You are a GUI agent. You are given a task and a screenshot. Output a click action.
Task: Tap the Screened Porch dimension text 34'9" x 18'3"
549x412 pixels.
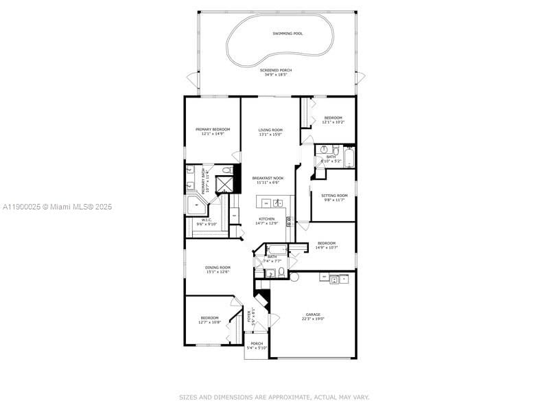click(274, 74)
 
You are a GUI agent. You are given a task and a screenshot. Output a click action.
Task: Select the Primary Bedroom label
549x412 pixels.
click(213, 129)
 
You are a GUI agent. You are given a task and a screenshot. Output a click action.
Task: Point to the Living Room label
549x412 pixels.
click(270, 130)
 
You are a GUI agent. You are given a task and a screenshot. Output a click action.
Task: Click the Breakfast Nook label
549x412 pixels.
click(270, 179)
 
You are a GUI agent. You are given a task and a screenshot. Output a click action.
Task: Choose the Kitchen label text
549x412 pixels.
click(270, 219)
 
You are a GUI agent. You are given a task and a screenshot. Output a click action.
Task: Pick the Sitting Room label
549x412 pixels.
click(334, 196)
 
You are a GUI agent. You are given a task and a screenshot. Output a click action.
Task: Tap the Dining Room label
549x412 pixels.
click(218, 267)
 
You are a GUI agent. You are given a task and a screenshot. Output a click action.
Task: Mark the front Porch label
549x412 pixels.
click(257, 343)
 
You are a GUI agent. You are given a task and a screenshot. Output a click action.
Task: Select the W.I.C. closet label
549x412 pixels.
click(207, 220)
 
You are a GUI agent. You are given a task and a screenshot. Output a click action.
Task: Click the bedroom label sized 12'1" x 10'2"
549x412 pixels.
click(333, 117)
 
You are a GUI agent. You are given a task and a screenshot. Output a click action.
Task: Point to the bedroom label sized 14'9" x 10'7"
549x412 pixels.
click(326, 243)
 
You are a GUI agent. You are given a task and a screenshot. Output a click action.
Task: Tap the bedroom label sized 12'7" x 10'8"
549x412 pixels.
click(209, 317)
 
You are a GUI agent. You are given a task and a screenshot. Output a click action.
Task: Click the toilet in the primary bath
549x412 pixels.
click(226, 170)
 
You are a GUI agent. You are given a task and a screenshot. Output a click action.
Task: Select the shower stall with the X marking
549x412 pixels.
click(224, 185)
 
